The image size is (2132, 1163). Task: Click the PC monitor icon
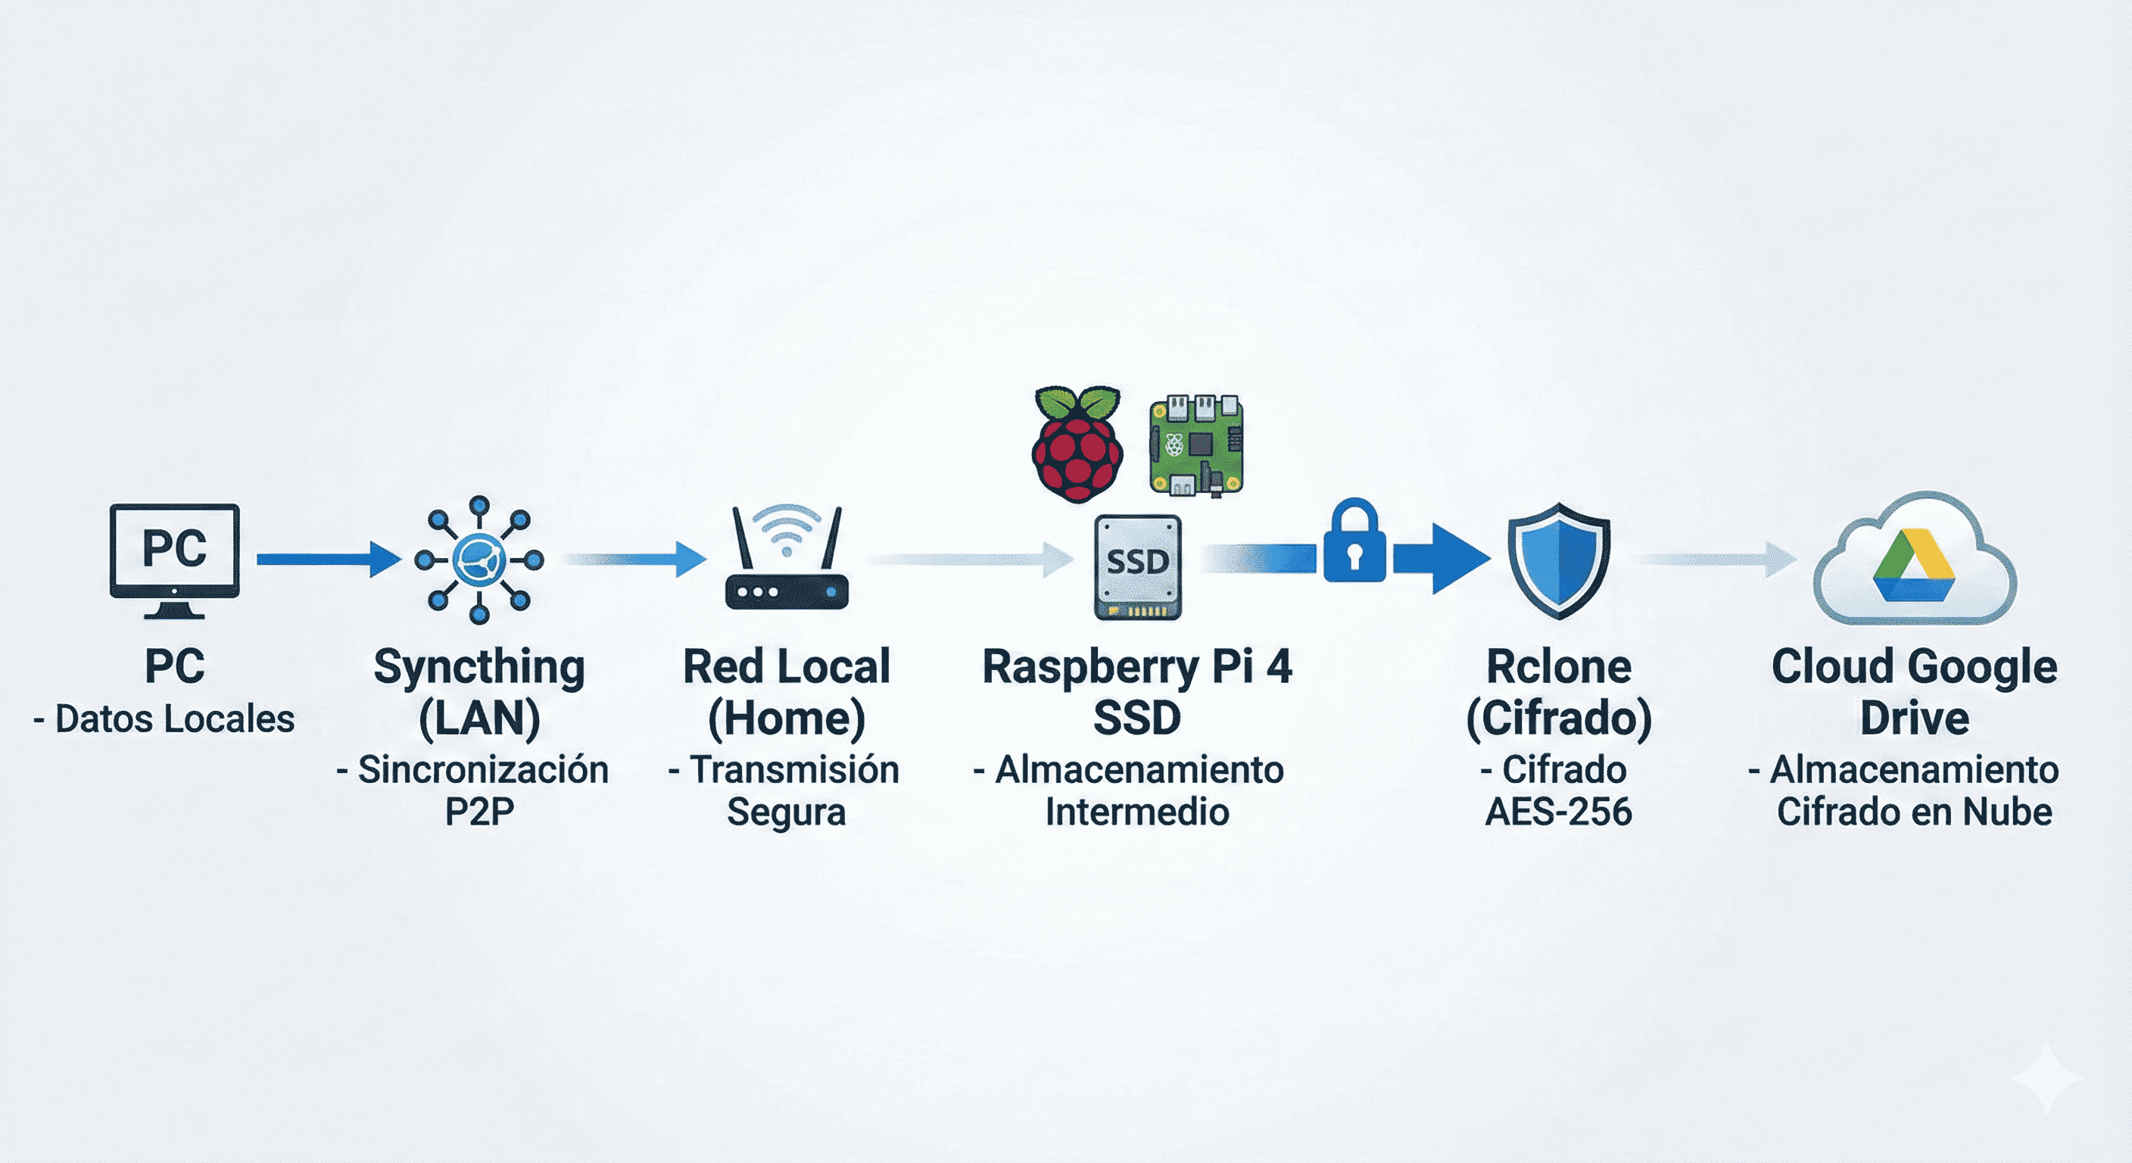pos(175,559)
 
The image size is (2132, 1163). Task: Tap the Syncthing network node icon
pos(479,560)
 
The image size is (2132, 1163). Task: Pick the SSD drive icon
pos(1138,566)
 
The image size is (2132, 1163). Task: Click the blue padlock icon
pos(1354,542)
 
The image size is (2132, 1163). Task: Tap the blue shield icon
pos(1558,560)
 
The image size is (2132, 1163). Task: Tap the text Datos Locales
pos(174,719)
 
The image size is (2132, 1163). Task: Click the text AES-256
pos(1558,812)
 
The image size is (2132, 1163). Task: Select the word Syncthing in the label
pos(479,667)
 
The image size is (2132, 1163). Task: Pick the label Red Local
pos(787,667)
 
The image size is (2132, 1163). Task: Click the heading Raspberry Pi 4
pos(1137,667)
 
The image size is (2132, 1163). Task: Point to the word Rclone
pos(1558,667)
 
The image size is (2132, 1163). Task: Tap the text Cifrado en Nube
pos(1914,812)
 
